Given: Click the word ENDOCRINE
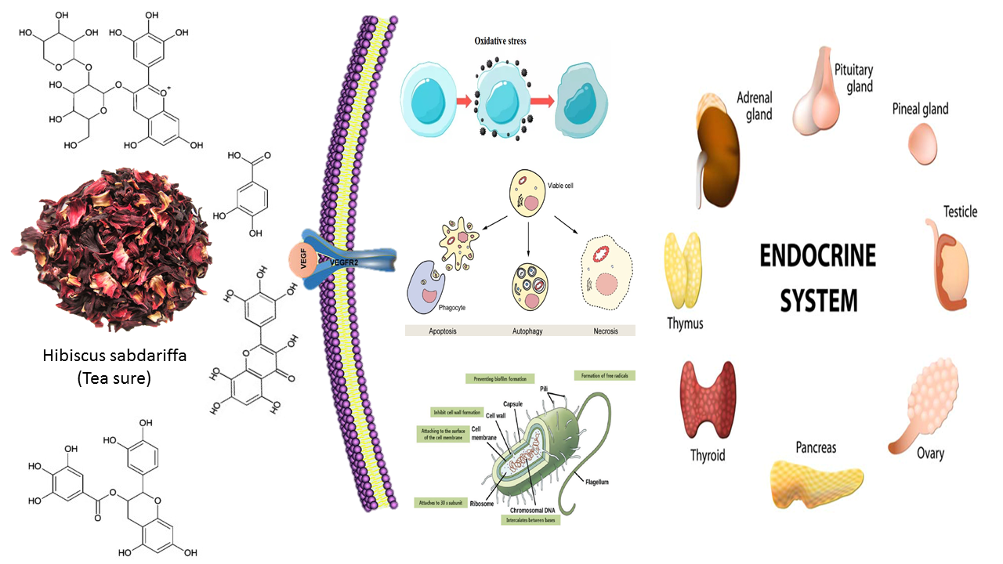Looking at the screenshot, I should pos(817,257).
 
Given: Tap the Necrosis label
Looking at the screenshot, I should pos(605,331).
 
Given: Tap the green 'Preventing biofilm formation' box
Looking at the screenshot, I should pos(499,378).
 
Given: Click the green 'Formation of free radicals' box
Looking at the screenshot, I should pos(605,375).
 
